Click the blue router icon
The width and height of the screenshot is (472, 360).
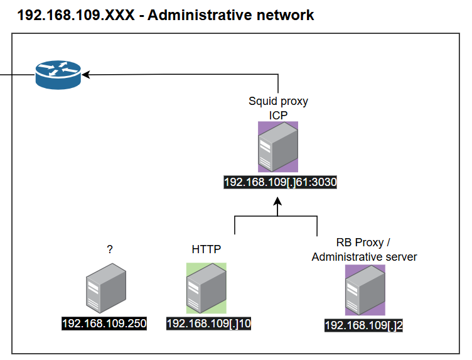click(58, 74)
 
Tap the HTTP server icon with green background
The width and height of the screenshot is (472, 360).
click(206, 288)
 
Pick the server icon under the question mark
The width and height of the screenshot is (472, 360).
click(105, 288)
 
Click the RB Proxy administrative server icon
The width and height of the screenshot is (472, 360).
click(365, 290)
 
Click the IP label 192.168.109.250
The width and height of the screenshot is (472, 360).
click(104, 324)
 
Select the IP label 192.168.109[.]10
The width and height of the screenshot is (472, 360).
click(209, 324)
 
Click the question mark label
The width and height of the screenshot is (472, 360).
click(110, 249)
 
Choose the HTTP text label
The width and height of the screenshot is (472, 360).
click(206, 249)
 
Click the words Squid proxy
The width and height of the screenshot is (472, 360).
click(278, 101)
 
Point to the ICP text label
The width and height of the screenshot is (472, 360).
click(277, 115)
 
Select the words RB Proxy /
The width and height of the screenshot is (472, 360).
click(364, 243)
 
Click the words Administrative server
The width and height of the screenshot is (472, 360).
click(364, 257)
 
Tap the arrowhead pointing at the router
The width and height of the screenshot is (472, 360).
click(87, 75)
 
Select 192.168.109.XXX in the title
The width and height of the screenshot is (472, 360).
click(75, 14)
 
